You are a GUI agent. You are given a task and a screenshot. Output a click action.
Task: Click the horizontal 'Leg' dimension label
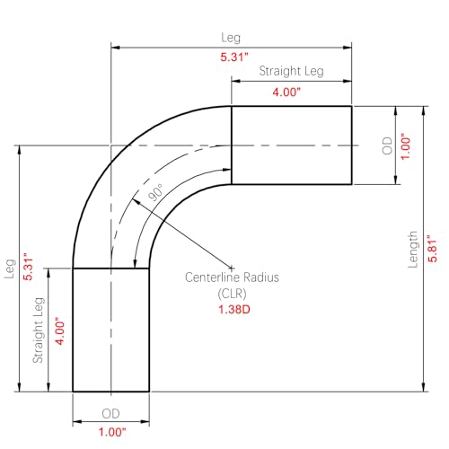click(x=231, y=38)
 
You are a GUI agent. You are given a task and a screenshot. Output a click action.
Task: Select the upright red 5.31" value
click(x=234, y=57)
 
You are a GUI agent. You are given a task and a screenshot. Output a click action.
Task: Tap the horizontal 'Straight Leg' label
click(x=291, y=71)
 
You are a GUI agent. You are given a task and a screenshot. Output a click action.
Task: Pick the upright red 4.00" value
click(x=286, y=92)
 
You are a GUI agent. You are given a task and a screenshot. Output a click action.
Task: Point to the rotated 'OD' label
click(x=387, y=145)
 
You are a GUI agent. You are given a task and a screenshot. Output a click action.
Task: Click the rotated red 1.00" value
click(x=405, y=146)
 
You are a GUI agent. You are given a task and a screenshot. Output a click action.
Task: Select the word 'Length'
click(x=413, y=250)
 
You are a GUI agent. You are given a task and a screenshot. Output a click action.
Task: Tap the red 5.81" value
click(x=432, y=248)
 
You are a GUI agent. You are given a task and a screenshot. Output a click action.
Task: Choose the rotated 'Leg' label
click(x=10, y=269)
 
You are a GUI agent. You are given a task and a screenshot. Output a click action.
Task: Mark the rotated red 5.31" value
click(x=28, y=267)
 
